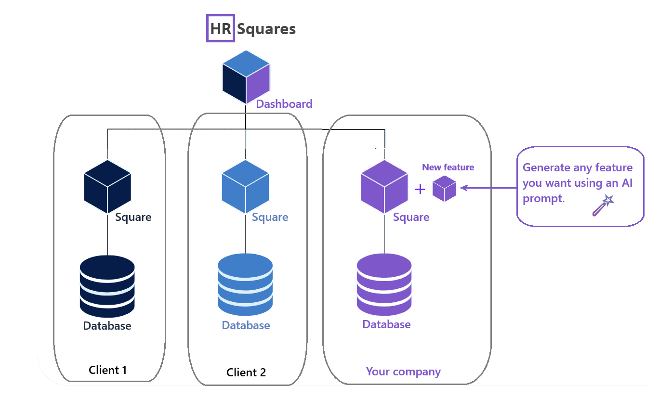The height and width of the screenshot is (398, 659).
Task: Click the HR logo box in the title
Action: (x=221, y=28)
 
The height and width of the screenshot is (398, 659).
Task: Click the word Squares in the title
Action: (x=266, y=29)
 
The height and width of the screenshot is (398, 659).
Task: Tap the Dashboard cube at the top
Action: (x=246, y=77)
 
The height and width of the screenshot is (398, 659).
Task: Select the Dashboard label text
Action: (x=284, y=103)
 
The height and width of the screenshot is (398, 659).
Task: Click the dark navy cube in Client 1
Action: (x=107, y=187)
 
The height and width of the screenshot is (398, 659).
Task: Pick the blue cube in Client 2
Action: (x=245, y=187)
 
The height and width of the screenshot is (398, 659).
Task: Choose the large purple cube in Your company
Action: (x=384, y=187)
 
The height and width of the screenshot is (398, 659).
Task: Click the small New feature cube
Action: (x=444, y=189)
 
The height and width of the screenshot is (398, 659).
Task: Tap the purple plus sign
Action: (x=420, y=189)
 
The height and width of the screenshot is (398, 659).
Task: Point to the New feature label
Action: (x=448, y=167)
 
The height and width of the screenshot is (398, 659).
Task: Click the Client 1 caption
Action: (x=108, y=370)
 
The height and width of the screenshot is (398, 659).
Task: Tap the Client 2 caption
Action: (x=246, y=372)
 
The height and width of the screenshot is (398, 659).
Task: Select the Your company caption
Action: (x=403, y=372)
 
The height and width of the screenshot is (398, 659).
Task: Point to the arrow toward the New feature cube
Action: (x=487, y=188)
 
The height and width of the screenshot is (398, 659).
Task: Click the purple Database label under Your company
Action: (x=386, y=324)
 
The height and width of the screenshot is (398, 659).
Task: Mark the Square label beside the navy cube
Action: (x=133, y=217)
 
